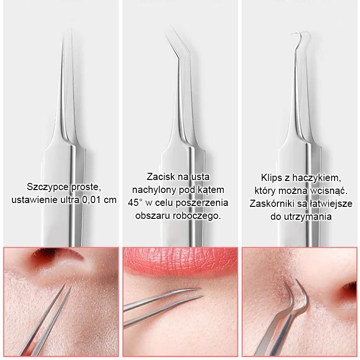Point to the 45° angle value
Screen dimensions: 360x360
tap(135, 203)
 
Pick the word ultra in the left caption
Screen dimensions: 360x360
tap(69, 200)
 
